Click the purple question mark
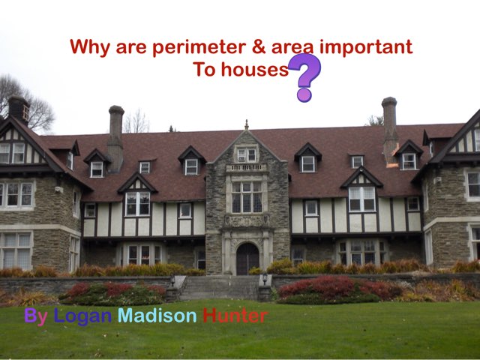[x=305, y=76]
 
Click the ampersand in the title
[x=259, y=47]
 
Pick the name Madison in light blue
[x=157, y=316]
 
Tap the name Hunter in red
[x=235, y=316]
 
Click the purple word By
[x=35, y=316]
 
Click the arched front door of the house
[x=247, y=259]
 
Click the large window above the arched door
[x=246, y=197]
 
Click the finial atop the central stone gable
[x=246, y=124]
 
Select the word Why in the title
[x=88, y=47]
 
